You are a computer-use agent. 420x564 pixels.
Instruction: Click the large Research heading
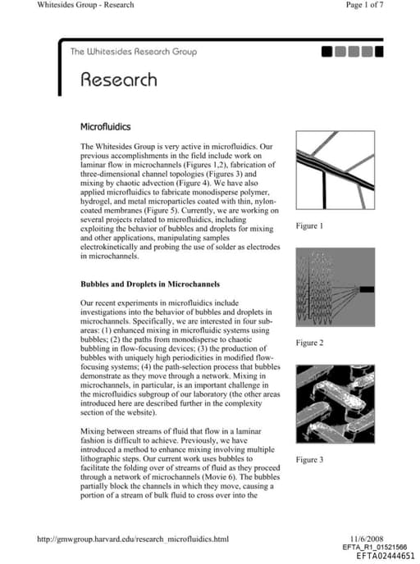pyautogui.click(x=118, y=80)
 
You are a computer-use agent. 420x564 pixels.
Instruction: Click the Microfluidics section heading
pyautogui.click(x=105, y=127)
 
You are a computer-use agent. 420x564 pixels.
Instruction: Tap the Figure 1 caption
pyautogui.click(x=309, y=225)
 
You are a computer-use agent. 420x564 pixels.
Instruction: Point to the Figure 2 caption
pyautogui.click(x=309, y=343)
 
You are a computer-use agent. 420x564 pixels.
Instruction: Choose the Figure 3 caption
pyautogui.click(x=309, y=460)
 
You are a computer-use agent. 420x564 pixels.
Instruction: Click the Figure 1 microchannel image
pyautogui.click(x=334, y=170)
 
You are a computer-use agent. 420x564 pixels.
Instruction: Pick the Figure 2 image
pyautogui.click(x=334, y=289)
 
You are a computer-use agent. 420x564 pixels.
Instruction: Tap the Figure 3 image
pyautogui.click(x=334, y=405)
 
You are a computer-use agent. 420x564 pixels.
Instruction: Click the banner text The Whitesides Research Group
pyautogui.click(x=133, y=52)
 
